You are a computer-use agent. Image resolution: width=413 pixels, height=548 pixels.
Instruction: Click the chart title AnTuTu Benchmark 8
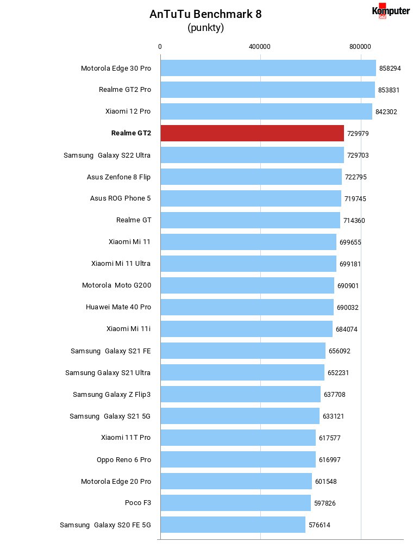point(205,14)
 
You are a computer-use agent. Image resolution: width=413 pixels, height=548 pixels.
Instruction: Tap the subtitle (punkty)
point(205,28)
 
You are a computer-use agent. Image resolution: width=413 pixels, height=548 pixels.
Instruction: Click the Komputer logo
point(391,11)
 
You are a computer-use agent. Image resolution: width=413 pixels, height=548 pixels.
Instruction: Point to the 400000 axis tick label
point(260,47)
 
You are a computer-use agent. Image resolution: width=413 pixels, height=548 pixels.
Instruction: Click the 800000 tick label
point(360,47)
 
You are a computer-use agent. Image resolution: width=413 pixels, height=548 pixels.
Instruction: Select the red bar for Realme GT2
point(252,133)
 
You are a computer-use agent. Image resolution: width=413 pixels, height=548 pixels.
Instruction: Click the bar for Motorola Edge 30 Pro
point(268,68)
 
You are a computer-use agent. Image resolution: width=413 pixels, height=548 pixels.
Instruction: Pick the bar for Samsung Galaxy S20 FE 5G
point(233,525)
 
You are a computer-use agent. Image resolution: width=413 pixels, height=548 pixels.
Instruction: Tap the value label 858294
point(390,68)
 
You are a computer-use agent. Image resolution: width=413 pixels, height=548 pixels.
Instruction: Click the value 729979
point(358,134)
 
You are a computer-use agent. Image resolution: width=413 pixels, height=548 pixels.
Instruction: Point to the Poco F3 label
point(138,502)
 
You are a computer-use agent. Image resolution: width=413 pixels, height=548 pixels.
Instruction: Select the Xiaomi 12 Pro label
point(128,111)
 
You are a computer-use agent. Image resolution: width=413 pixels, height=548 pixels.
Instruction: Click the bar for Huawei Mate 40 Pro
point(247,307)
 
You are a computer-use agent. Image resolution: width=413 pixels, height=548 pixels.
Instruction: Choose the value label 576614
point(320,525)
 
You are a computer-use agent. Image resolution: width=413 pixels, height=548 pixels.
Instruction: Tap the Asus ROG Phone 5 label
point(121,198)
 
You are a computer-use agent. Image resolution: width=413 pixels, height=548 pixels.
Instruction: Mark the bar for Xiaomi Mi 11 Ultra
point(248,264)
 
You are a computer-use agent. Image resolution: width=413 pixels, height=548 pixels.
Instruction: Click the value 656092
point(340,351)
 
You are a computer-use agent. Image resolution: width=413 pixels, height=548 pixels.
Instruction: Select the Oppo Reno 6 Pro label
point(124,459)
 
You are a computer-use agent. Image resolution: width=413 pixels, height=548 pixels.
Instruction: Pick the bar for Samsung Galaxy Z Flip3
point(240,394)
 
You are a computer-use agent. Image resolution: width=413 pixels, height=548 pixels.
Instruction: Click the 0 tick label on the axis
point(160,47)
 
